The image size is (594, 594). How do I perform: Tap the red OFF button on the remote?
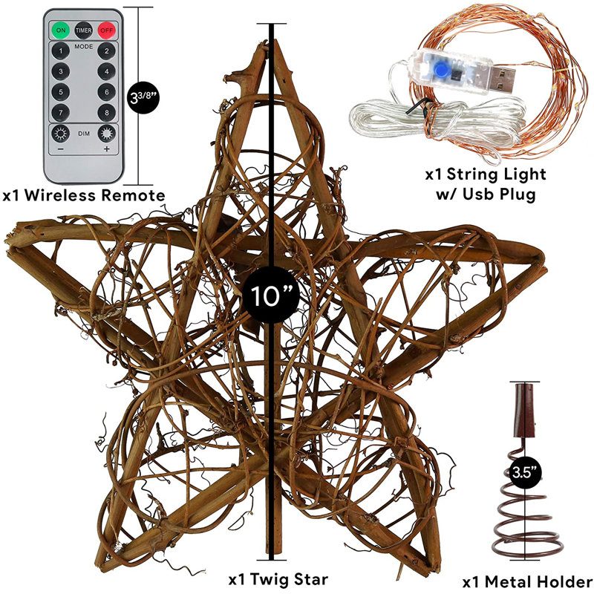[106, 30]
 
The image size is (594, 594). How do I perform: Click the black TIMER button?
[83, 30]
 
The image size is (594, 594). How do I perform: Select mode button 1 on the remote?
[61, 50]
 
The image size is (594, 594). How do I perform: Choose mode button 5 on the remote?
[61, 92]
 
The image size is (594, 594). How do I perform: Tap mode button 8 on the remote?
[106, 113]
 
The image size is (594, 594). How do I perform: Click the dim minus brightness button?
[61, 134]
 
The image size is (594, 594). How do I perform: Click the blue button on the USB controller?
[440, 69]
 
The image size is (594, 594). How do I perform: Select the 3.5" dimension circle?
[525, 472]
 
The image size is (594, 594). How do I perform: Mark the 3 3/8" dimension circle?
[143, 97]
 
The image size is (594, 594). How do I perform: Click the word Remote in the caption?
[133, 195]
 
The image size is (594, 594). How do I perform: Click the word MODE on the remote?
[84, 47]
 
